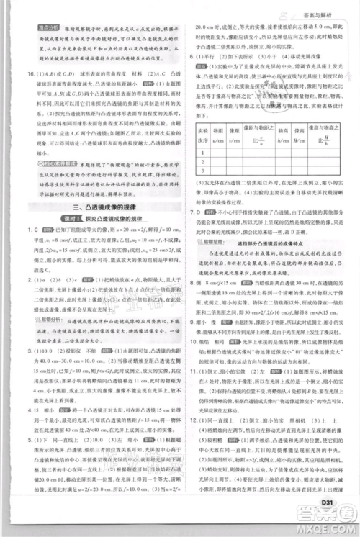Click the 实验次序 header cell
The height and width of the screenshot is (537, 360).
tap(202, 134)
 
